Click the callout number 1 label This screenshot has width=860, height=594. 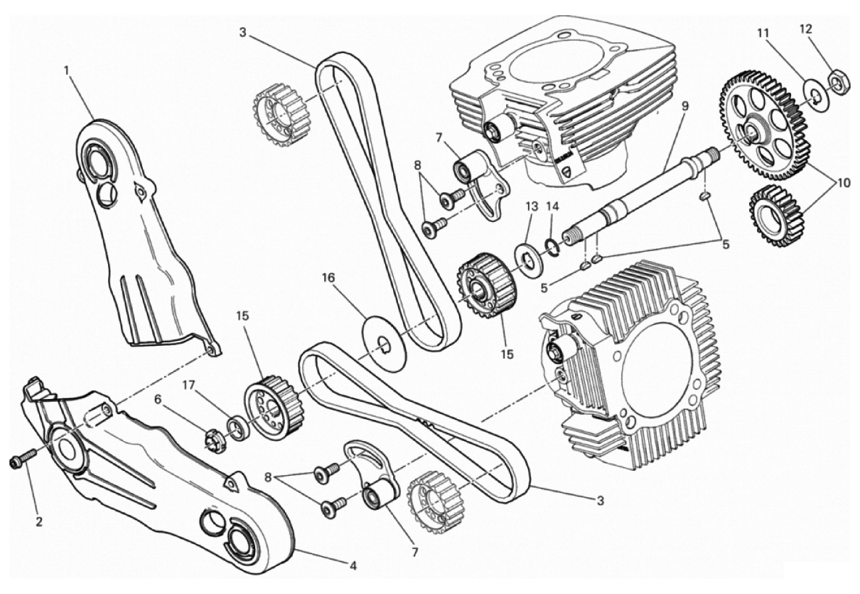pos(67,70)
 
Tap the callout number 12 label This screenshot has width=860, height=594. pos(806,29)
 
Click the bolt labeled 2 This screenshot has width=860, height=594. pos(23,458)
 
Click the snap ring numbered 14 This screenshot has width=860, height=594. pos(553,247)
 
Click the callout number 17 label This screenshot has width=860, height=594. pos(189,386)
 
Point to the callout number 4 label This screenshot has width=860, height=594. pos(353,566)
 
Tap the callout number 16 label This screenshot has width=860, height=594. pos(328,278)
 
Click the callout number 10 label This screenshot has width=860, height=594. pos(843,183)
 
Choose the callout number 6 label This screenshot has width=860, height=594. pos(158,400)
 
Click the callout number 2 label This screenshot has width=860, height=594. pos(39,521)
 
